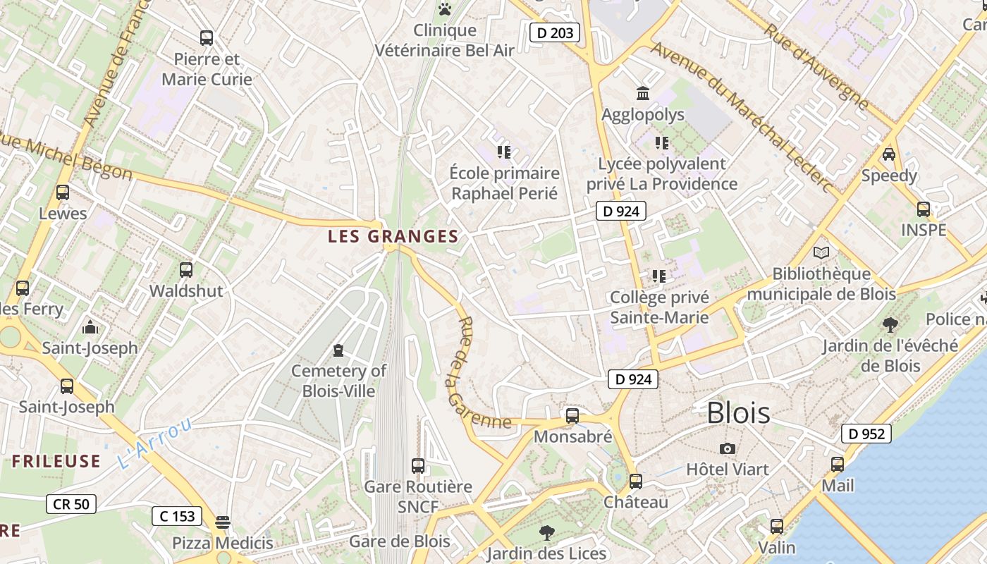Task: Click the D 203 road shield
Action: [x=555, y=32]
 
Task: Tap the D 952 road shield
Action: [x=866, y=434]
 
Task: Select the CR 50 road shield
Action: [x=71, y=503]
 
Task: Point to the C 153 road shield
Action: [x=177, y=516]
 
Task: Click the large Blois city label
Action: [x=738, y=413]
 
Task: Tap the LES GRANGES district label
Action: [x=393, y=237]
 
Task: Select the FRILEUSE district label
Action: [x=56, y=461]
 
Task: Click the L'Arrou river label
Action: [x=154, y=443]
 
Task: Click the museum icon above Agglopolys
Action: [x=643, y=93]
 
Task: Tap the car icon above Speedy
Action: [x=889, y=154]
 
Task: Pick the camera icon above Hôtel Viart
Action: [x=728, y=448]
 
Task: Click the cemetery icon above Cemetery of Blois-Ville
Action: [x=338, y=350]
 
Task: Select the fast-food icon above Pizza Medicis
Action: [x=223, y=522]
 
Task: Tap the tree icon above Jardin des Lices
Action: [x=546, y=532]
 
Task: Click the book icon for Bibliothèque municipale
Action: [x=821, y=252]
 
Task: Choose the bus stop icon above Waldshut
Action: [x=186, y=269]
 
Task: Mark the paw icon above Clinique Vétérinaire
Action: [x=444, y=9]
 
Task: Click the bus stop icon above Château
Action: [x=636, y=482]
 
